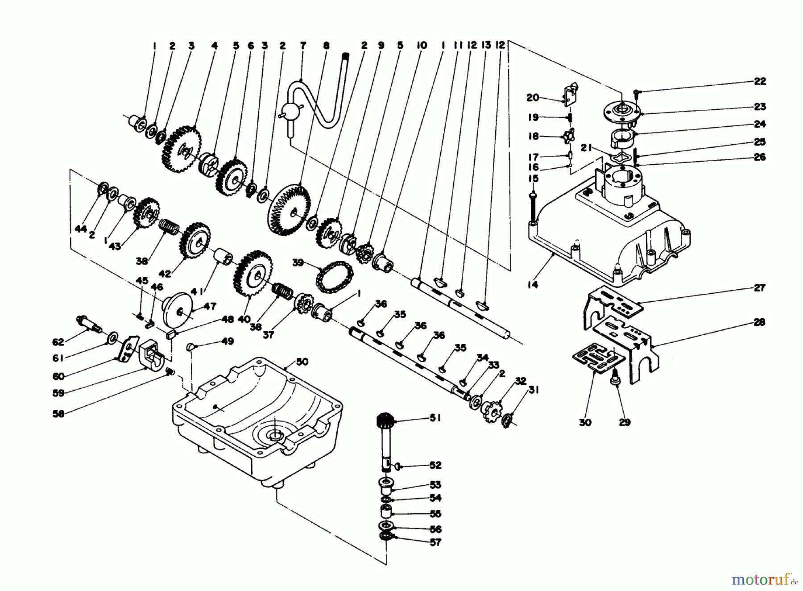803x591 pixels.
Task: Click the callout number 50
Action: click(x=302, y=362)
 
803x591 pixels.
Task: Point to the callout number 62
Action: click(x=58, y=342)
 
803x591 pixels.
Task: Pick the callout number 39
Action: click(x=298, y=262)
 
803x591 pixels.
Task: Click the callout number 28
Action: click(x=760, y=322)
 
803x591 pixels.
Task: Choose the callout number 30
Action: click(x=585, y=422)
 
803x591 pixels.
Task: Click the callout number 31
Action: click(x=534, y=390)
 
